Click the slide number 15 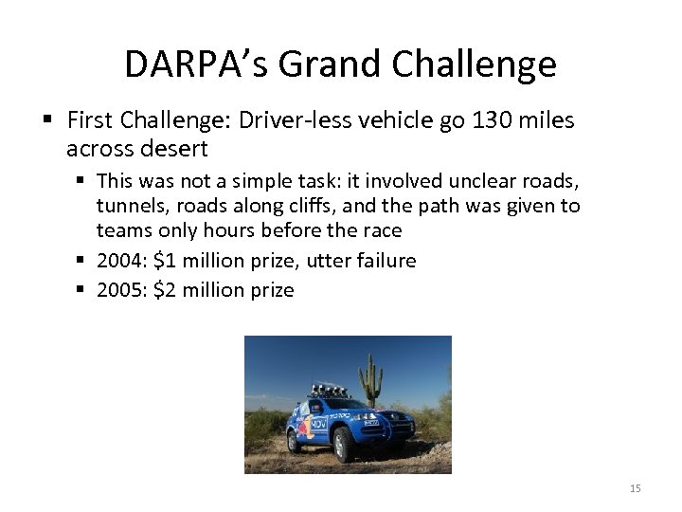pos(635,487)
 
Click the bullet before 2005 pos(83,289)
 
